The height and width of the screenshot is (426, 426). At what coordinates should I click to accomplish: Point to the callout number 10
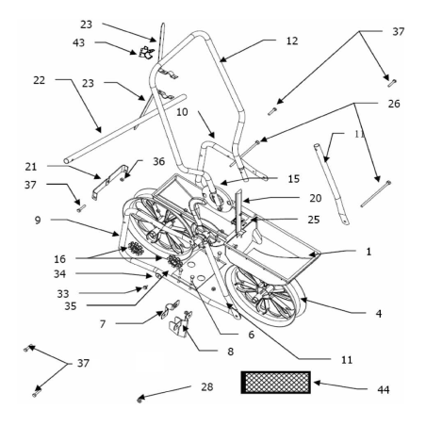click(x=182, y=111)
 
